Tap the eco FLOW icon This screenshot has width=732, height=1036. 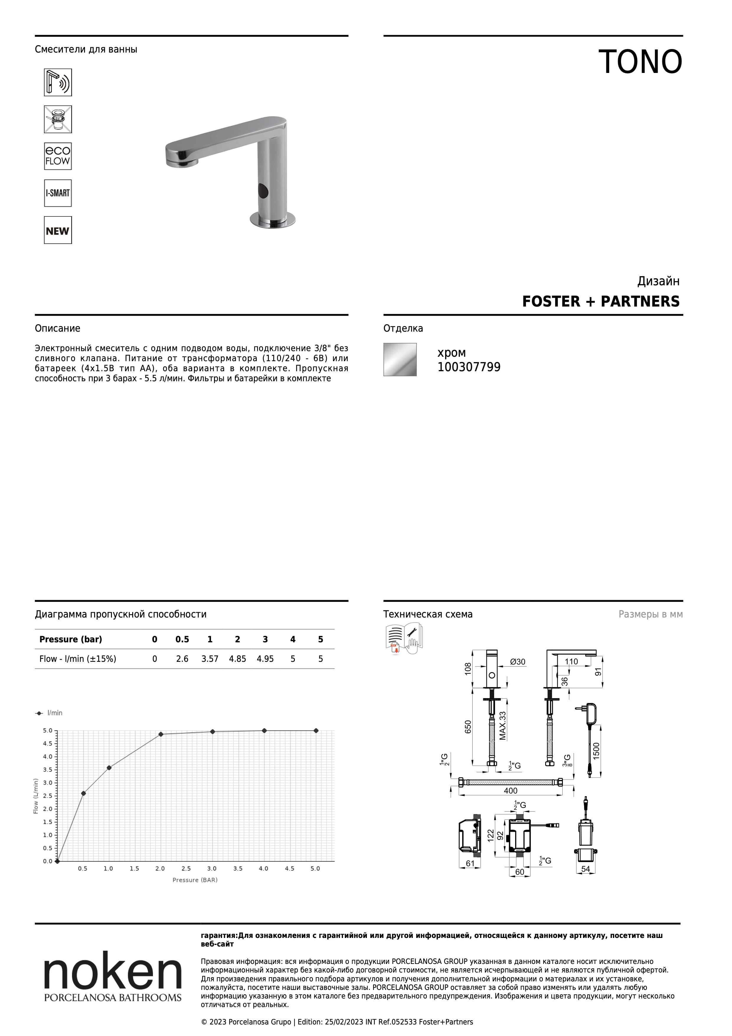tap(58, 156)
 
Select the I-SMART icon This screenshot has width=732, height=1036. tap(58, 193)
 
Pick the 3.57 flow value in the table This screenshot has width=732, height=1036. tap(210, 659)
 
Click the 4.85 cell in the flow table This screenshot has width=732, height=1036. tap(238, 659)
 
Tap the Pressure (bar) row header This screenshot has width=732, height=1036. tap(71, 639)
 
